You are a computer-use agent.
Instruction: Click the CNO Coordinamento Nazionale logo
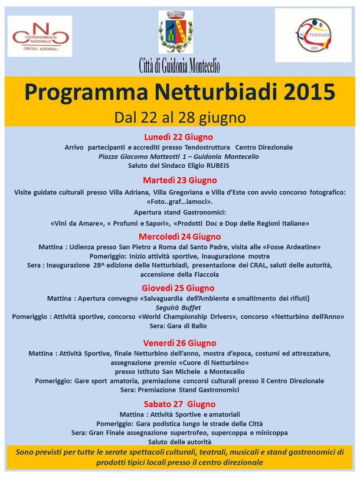pyautogui.click(x=40, y=36)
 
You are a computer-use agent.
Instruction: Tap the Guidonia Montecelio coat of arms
pyautogui.click(x=175, y=33)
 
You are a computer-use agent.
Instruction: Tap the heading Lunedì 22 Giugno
pyautogui.click(x=179, y=137)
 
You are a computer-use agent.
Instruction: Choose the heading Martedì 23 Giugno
pyautogui.click(x=180, y=180)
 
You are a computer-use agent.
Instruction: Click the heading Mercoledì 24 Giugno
pyautogui.click(x=180, y=236)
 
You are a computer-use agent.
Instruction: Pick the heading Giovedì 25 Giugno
pyautogui.click(x=179, y=288)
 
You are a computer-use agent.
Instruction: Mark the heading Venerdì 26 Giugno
pyautogui.click(x=180, y=342)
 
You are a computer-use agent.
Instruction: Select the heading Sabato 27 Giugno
pyautogui.click(x=180, y=404)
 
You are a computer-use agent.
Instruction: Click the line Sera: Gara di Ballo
pyautogui.click(x=179, y=325)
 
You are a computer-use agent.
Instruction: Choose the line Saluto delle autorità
pyautogui.click(x=179, y=442)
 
